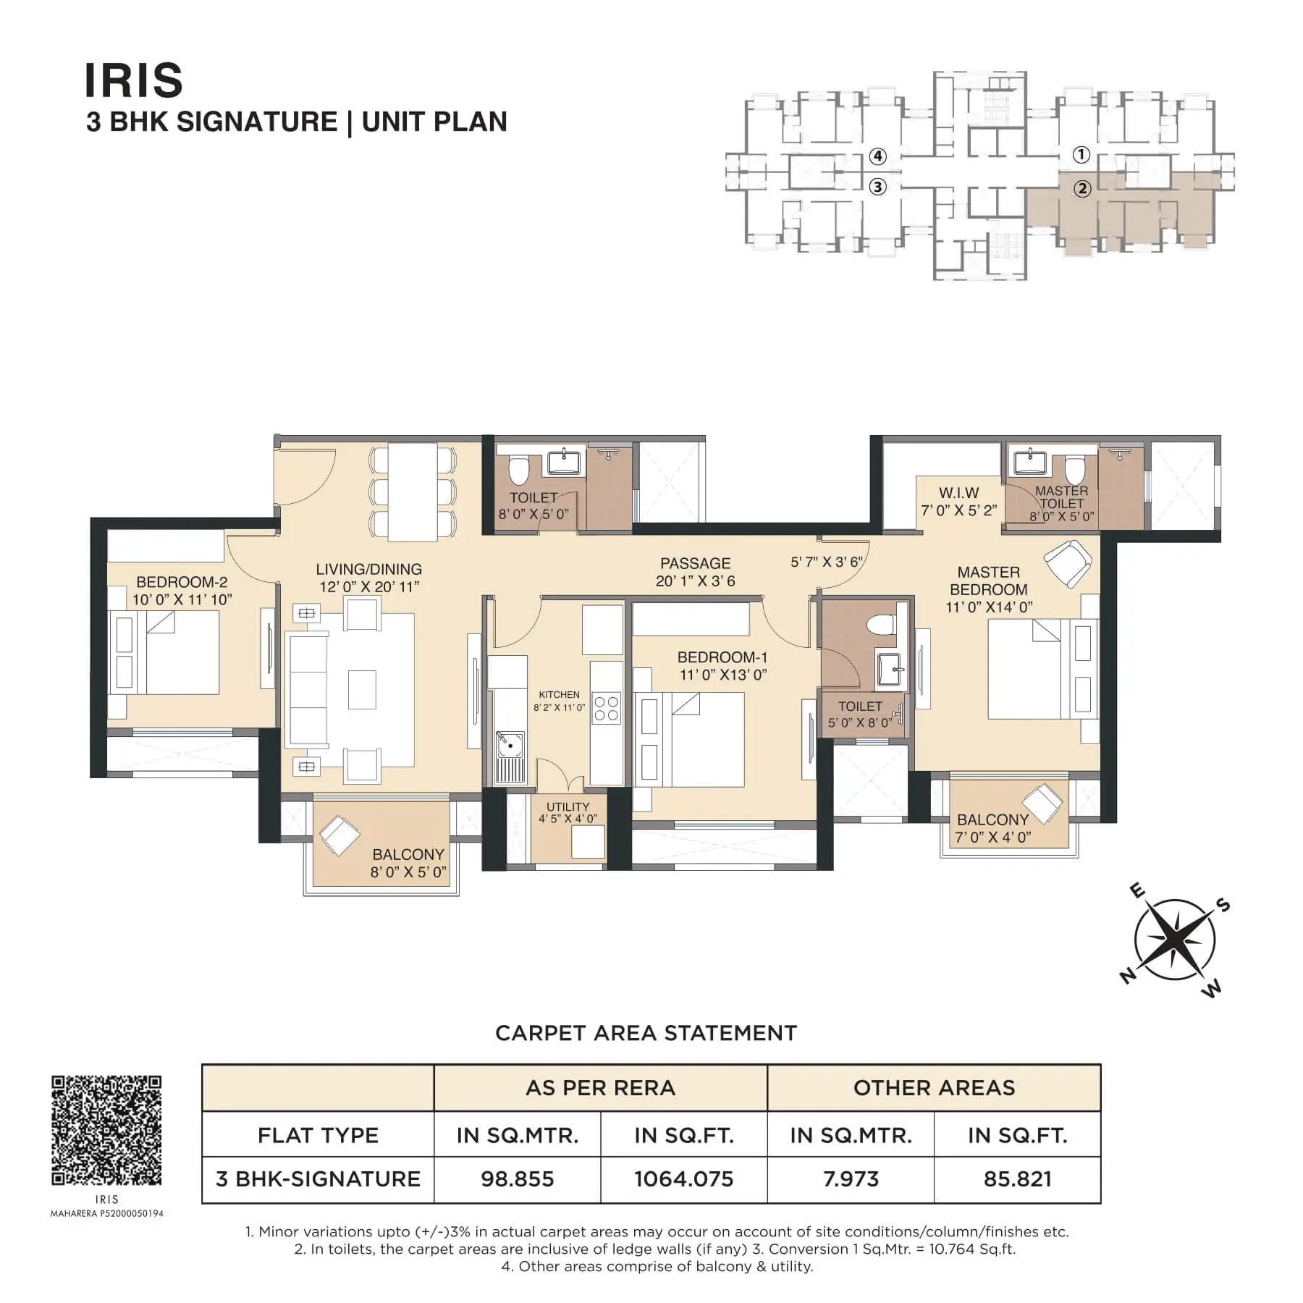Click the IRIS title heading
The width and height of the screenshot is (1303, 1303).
pyautogui.click(x=134, y=80)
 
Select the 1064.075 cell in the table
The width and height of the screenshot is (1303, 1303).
pyautogui.click(x=684, y=1179)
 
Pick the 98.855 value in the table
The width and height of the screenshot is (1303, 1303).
pyautogui.click(x=518, y=1179)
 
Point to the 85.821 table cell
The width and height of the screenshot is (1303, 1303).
pyautogui.click(x=1017, y=1179)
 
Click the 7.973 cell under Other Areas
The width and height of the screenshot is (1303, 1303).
pyautogui.click(x=851, y=1179)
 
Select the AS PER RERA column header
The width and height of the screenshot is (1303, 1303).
pyautogui.click(x=600, y=1088)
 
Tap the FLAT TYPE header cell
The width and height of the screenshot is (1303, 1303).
pyautogui.click(x=319, y=1134)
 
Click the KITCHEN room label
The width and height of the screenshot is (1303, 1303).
pyautogui.click(x=559, y=695)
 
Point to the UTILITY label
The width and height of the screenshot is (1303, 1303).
pyautogui.click(x=568, y=806)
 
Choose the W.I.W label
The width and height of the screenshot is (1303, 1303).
pyautogui.click(x=958, y=493)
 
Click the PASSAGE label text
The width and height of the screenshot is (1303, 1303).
pyautogui.click(x=695, y=563)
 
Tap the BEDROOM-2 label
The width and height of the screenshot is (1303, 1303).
pyautogui.click(x=182, y=582)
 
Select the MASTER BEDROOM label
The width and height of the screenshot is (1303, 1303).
pyautogui.click(x=989, y=581)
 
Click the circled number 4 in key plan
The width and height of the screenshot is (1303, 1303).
pyautogui.click(x=877, y=156)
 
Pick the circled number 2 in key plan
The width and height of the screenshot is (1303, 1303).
pyautogui.click(x=1081, y=189)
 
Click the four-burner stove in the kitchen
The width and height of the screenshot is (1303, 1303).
pyautogui.click(x=607, y=709)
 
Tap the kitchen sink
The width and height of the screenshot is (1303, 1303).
pyautogui.click(x=510, y=744)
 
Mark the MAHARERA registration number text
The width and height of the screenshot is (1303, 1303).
pyautogui.click(x=106, y=1213)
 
